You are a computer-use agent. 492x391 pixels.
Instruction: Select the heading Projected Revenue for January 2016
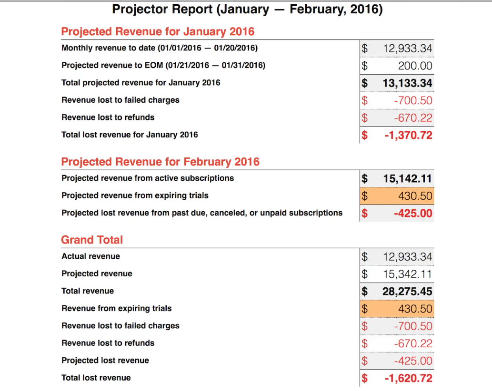[x=158, y=32]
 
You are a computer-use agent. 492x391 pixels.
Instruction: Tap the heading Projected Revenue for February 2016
[x=160, y=162]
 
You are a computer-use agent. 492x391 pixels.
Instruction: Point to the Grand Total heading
[x=92, y=240]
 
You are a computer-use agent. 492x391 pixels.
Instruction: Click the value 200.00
[x=415, y=66]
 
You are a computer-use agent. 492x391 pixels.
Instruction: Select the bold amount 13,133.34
[x=407, y=83]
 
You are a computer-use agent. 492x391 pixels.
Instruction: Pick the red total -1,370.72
[x=409, y=135]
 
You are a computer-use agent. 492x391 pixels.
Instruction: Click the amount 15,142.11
[x=407, y=179]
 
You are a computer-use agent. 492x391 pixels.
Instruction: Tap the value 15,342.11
[x=408, y=274]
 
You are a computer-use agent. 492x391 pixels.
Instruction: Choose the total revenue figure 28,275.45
[x=407, y=292]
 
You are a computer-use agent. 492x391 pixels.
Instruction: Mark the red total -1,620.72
[x=409, y=379]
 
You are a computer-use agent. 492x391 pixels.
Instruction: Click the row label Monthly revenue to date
[x=160, y=48]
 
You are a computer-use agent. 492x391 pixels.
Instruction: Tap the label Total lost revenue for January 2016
[x=130, y=135]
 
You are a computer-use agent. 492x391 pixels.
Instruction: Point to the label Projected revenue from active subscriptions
[x=148, y=178]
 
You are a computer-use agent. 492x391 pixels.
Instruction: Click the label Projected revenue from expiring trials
[x=135, y=195]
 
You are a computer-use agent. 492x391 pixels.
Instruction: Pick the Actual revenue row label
[x=90, y=256]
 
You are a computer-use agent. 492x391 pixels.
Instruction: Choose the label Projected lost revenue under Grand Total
[x=105, y=361]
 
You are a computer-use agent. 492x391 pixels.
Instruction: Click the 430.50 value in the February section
[x=415, y=196]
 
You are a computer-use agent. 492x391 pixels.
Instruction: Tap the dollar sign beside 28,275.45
[x=365, y=292]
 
